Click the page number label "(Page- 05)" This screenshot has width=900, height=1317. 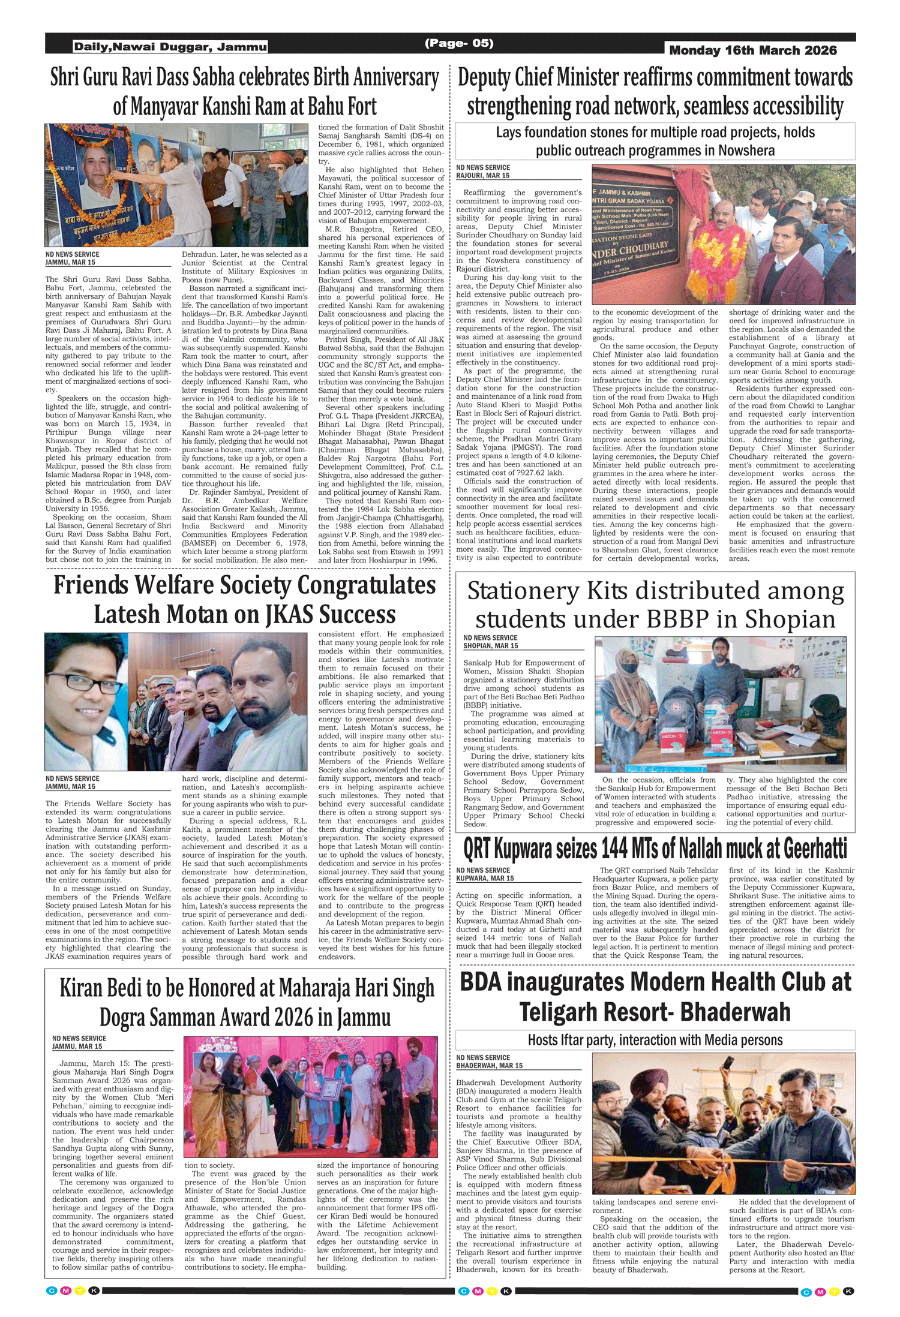pos(459,43)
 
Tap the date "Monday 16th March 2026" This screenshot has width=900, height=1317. pos(752,50)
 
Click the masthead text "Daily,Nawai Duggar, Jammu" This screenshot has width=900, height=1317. pos(170,47)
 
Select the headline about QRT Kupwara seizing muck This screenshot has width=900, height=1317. pos(655,849)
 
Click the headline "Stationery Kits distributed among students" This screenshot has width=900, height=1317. pos(655,605)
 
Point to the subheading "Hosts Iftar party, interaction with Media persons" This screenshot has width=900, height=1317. pos(655,1040)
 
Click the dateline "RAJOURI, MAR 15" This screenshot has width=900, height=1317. pos(483,176)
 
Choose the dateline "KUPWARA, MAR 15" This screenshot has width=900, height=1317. pos(485,878)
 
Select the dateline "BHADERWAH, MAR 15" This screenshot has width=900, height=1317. pos(489,1066)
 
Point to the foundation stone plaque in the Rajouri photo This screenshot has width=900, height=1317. pos(636,233)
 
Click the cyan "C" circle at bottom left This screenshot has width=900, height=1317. pos(52,1291)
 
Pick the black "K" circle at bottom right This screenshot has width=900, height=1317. pos(848,1291)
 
